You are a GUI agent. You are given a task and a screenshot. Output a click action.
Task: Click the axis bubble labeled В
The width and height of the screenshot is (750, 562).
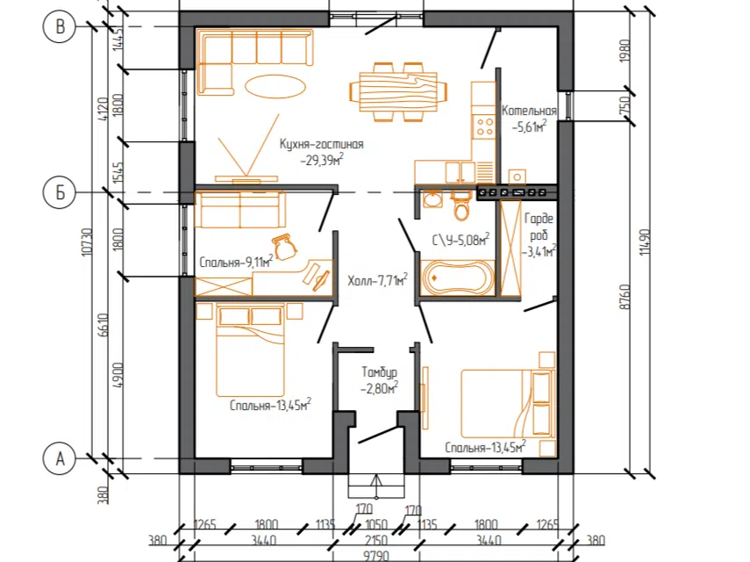(x=60, y=26)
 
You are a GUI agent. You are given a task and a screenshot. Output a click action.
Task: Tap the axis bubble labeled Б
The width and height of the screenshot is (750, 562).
(x=60, y=192)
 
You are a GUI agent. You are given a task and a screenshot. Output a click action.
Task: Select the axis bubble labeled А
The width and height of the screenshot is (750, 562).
(x=60, y=458)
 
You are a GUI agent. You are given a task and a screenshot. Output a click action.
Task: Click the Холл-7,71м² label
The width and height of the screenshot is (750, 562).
(x=377, y=279)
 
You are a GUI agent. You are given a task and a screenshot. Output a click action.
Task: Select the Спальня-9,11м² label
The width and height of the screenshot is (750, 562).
(x=236, y=262)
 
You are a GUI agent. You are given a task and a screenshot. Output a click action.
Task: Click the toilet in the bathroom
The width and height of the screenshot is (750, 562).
(x=461, y=205)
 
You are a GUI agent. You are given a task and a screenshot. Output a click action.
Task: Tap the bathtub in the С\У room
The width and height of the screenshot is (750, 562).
(x=457, y=277)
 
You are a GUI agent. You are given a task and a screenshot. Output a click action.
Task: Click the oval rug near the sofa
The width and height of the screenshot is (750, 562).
(x=275, y=87)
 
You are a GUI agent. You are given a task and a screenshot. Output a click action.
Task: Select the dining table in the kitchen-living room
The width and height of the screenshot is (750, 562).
(x=398, y=91)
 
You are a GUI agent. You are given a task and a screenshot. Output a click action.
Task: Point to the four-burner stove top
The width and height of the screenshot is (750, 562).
(x=484, y=126)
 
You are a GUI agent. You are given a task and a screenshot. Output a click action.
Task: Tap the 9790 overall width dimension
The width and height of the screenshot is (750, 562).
(x=376, y=556)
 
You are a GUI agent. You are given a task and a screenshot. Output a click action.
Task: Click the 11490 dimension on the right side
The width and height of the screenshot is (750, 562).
(x=646, y=241)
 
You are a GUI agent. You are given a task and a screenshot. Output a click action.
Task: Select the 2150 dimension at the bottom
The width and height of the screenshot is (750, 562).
(x=376, y=540)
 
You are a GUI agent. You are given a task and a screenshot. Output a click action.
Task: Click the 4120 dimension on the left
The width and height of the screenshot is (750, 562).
(x=103, y=110)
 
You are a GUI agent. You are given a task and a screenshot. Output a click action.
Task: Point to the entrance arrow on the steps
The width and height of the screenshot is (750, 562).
(x=376, y=486)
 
